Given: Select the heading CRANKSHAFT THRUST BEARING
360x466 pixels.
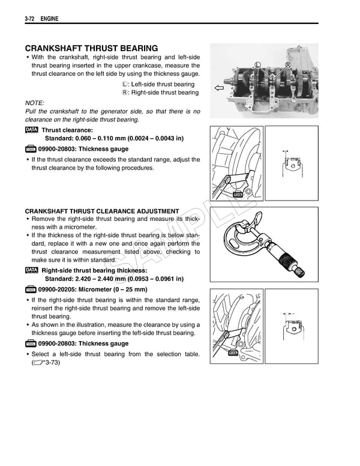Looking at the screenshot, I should point(91,48).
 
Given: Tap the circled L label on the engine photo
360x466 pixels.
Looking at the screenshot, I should point(257,65).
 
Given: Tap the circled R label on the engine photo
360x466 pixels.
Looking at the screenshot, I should point(288,65).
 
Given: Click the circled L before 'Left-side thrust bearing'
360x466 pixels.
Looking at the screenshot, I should point(125,85).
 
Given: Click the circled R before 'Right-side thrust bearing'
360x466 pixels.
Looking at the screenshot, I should point(125,93).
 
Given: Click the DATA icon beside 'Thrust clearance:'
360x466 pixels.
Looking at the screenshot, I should point(32,130).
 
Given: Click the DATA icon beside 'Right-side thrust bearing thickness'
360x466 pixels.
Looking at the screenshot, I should point(32,270).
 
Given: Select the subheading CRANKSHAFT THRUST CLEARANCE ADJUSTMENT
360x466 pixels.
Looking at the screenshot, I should point(102,211).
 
